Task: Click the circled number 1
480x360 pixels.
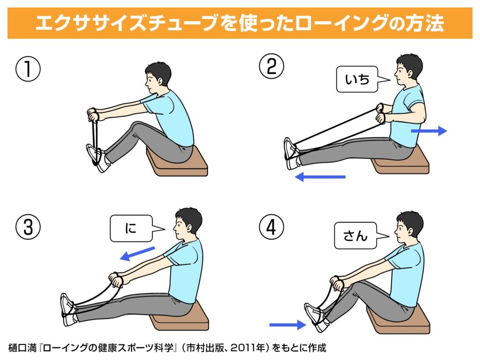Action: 28,69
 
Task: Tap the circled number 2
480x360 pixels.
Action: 271,67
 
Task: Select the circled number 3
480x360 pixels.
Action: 28,227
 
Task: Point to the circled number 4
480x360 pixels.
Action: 271,227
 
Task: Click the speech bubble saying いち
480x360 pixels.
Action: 358,79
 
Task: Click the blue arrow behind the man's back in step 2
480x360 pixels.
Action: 429,131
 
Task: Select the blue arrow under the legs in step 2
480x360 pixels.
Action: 320,177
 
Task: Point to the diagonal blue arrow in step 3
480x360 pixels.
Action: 137,254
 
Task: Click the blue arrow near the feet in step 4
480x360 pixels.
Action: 288,325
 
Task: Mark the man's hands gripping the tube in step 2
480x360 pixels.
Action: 381,113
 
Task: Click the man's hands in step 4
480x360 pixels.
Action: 337,283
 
